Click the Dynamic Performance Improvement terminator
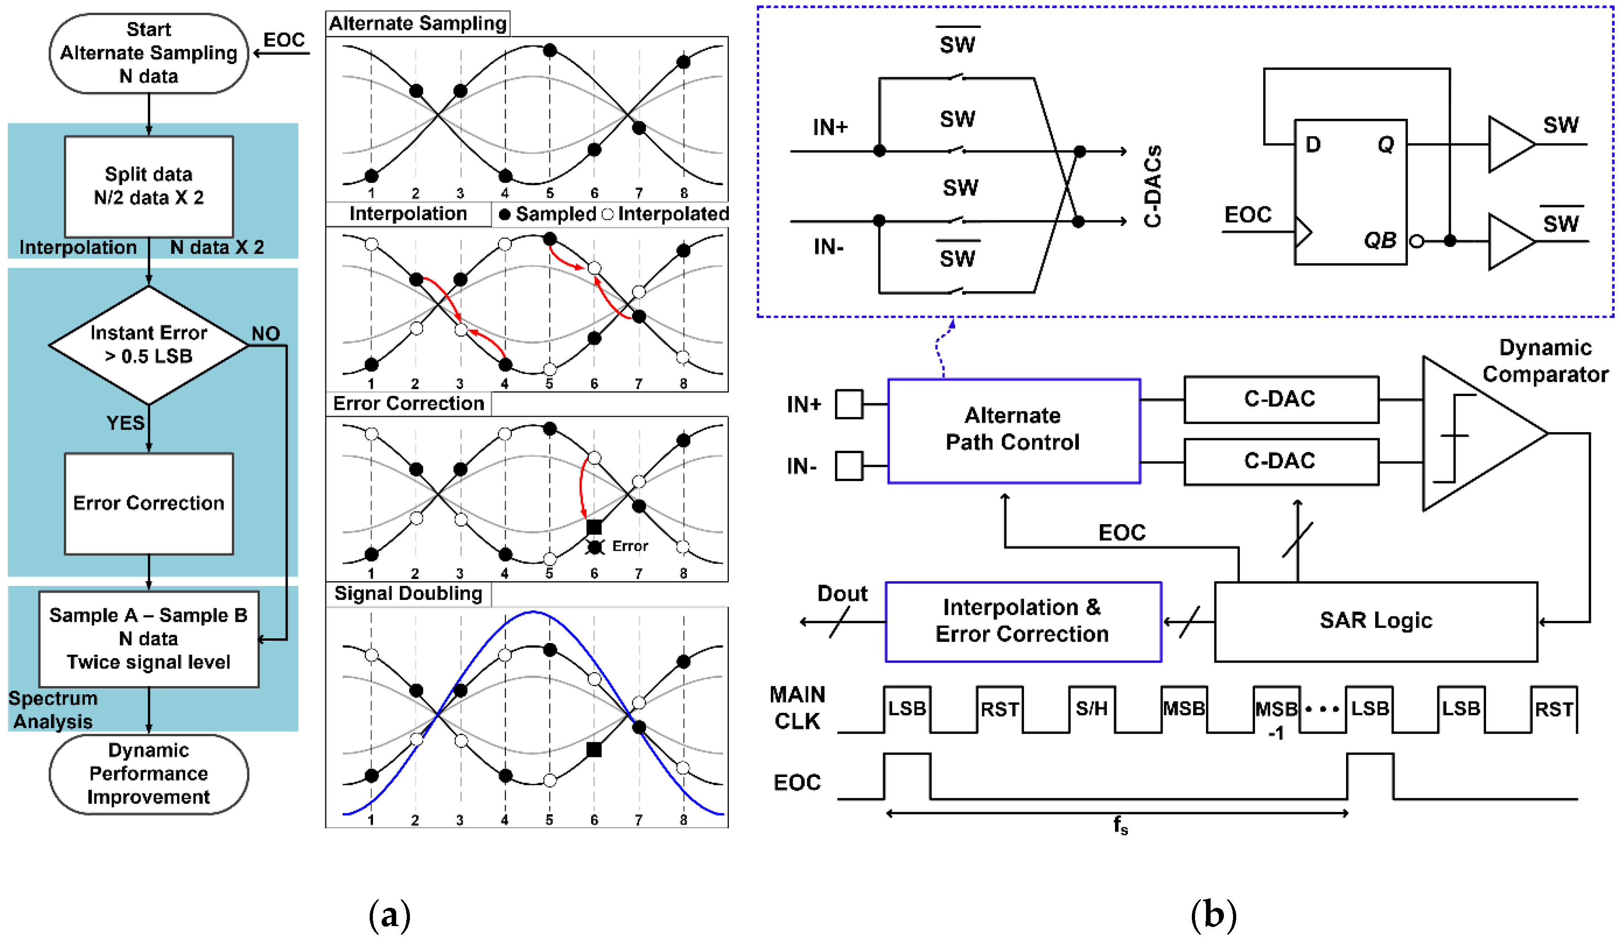[x=149, y=773]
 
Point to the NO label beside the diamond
[x=266, y=334]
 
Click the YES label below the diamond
[x=125, y=423]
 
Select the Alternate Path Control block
[x=1013, y=429]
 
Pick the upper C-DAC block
[x=1280, y=399]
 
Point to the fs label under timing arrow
[x=1120, y=825]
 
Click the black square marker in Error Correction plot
[x=594, y=527]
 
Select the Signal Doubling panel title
[x=408, y=593]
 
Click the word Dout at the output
[x=842, y=593]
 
